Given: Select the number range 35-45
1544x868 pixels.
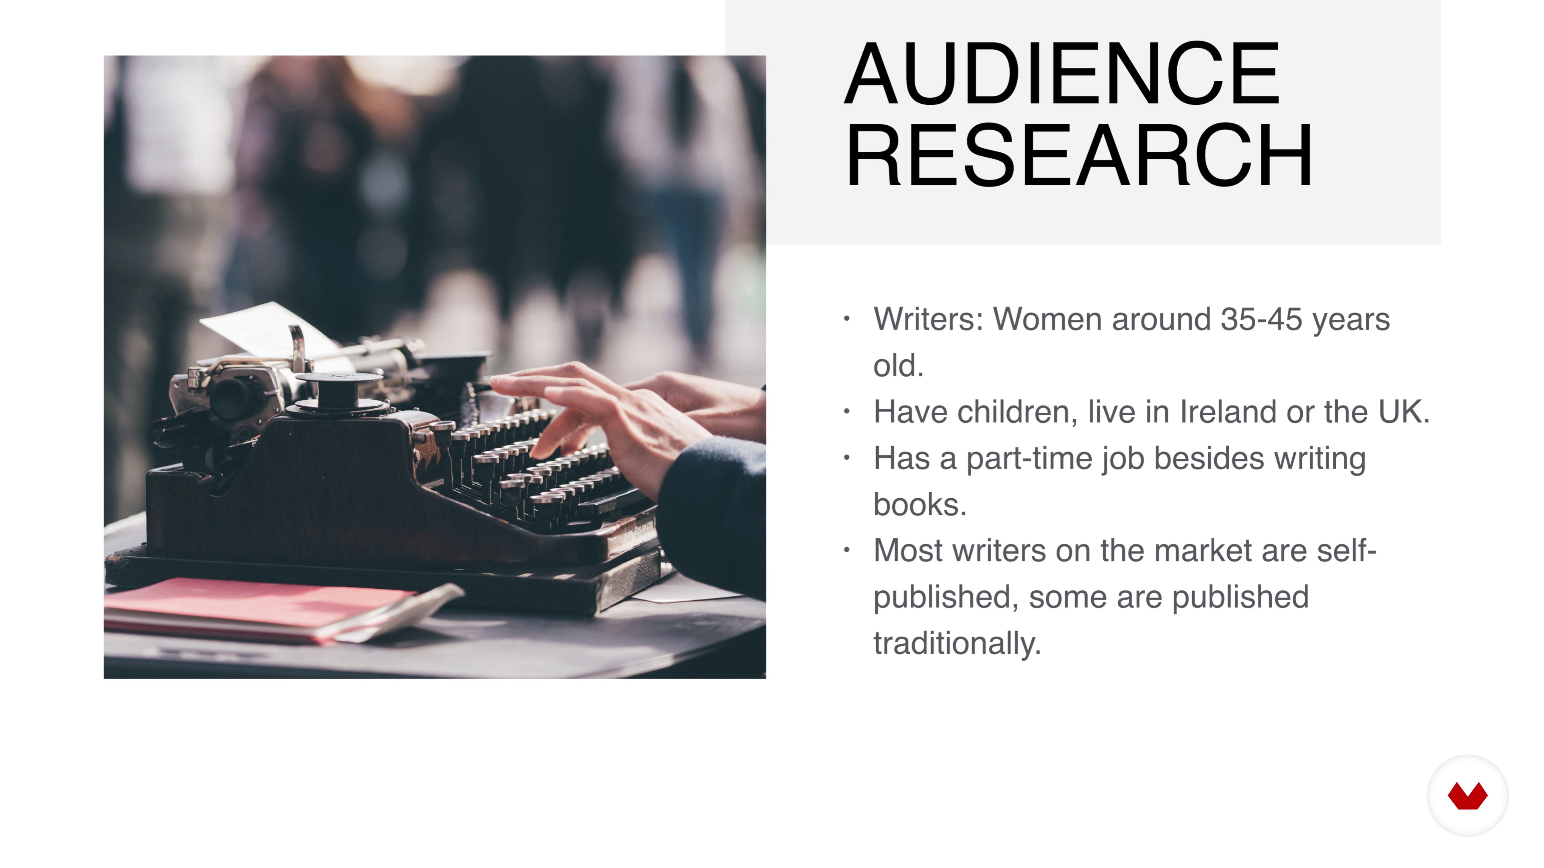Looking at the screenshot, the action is [1261, 319].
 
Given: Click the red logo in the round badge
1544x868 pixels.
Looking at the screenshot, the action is [1467, 796].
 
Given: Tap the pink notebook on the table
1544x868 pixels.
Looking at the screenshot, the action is [258, 608].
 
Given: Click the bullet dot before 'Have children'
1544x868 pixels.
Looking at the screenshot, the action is [846, 411].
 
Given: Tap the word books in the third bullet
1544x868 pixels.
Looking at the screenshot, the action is [920, 504].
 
